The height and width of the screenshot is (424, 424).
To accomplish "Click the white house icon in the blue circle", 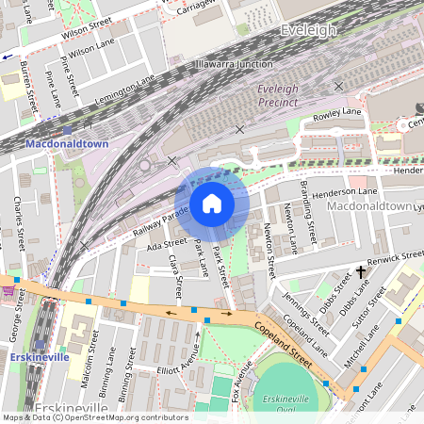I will [212, 203].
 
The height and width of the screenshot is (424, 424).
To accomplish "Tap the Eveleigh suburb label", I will [307, 31].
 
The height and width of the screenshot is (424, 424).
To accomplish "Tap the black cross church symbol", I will [361, 273].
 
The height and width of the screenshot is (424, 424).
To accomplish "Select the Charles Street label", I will [18, 222].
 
